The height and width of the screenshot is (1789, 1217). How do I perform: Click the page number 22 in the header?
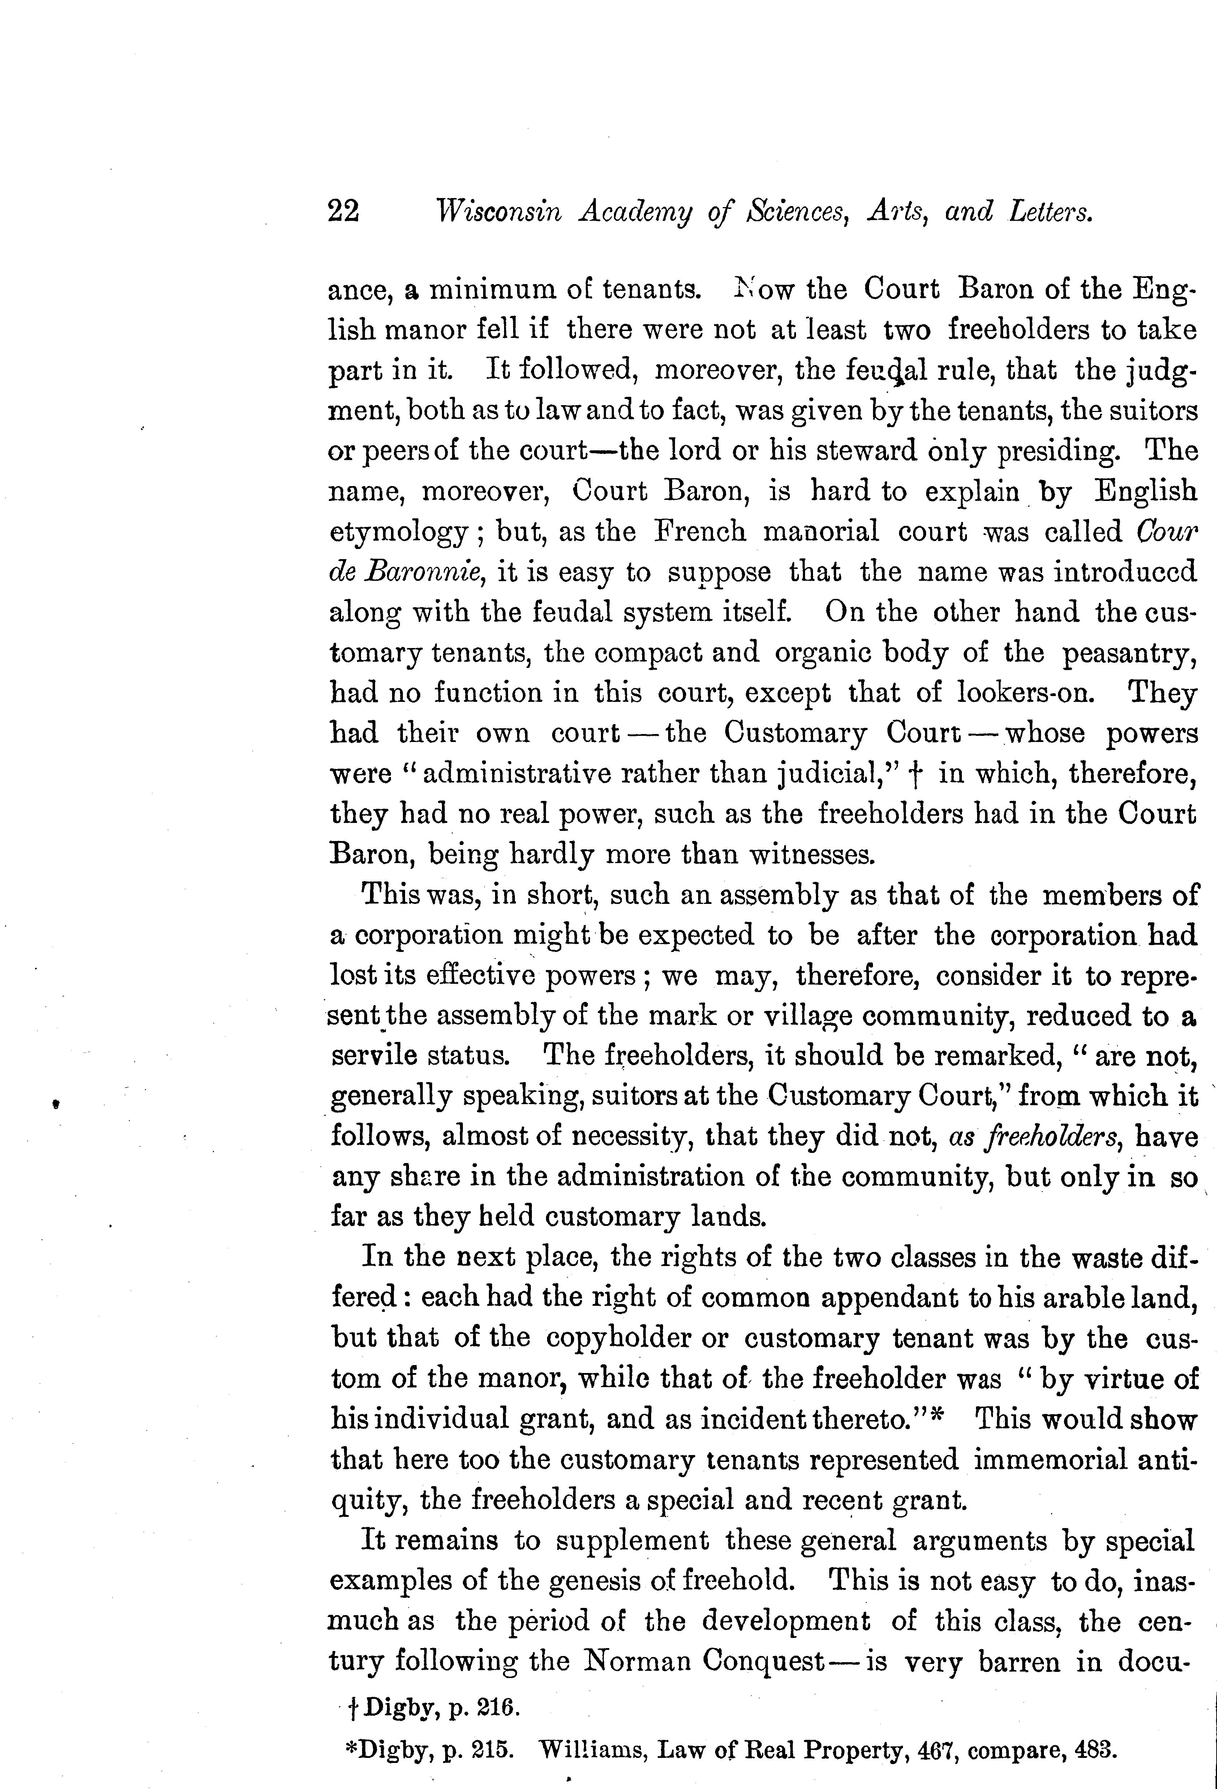tap(343, 210)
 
